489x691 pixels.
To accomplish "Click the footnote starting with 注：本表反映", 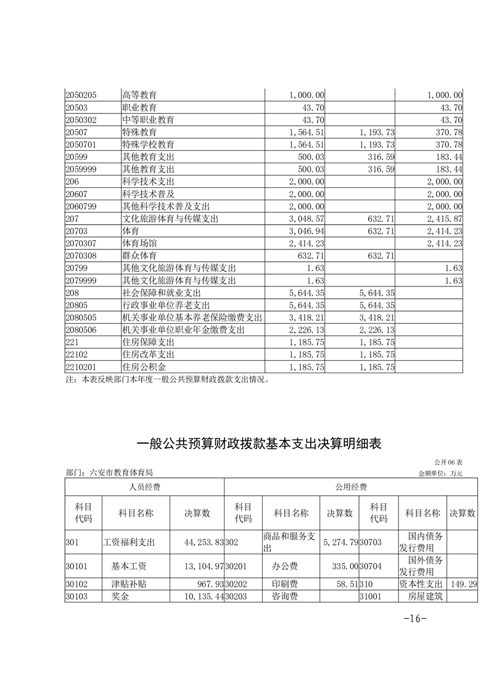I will (x=168, y=380).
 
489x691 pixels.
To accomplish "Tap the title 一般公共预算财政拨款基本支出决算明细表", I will (x=263, y=443).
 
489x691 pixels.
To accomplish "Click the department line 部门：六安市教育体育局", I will (x=109, y=473).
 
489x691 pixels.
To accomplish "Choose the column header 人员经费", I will (x=145, y=487).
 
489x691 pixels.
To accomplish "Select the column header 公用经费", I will (x=351, y=487).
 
